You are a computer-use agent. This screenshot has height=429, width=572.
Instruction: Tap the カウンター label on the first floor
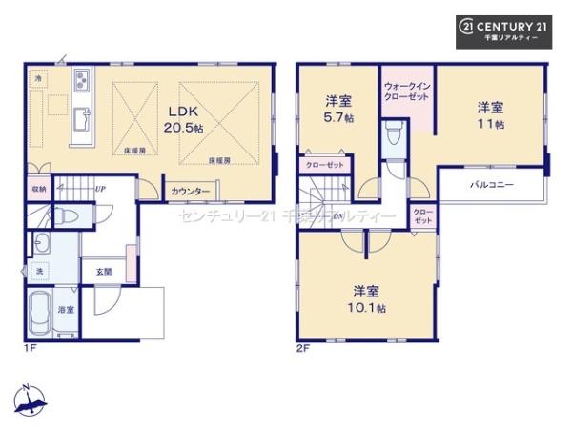(191, 192)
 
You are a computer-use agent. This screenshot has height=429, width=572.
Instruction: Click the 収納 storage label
(37, 189)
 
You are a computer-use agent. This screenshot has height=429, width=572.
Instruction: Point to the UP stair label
(99, 189)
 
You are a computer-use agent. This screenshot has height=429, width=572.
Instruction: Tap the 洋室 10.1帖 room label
(367, 298)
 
